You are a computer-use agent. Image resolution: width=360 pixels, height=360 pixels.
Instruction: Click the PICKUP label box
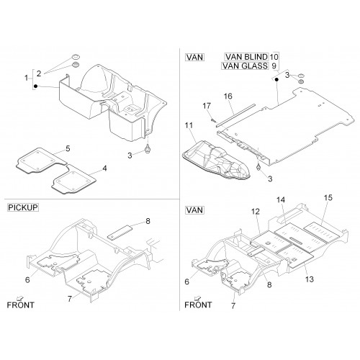coord(23,207)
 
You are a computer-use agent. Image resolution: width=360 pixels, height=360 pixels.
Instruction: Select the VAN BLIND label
coord(246,57)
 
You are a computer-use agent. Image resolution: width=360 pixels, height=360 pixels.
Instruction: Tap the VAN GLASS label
coord(245,66)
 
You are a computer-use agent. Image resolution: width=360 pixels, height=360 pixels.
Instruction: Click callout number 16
coord(228,96)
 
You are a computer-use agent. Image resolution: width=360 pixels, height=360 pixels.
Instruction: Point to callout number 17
coord(207,106)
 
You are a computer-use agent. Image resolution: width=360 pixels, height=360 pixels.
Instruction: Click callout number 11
coord(189,125)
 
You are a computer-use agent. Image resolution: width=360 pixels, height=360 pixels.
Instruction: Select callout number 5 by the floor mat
coord(68,148)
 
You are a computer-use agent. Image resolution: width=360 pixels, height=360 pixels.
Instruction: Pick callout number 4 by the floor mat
coord(104,168)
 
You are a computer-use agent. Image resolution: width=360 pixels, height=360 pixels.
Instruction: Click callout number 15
coord(328,198)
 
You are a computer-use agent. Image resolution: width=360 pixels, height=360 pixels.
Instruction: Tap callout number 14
coord(281,200)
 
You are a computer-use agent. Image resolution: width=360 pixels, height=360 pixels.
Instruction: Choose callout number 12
coord(256,212)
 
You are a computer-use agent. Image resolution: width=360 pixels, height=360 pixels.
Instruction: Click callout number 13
coord(310,279)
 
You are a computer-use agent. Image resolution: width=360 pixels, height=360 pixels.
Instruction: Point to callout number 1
coord(27,78)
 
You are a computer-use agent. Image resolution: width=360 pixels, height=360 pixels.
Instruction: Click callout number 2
coord(39,73)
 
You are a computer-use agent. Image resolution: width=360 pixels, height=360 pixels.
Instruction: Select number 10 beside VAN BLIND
coord(274,57)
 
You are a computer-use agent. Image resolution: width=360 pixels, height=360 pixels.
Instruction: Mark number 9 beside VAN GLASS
coord(274,66)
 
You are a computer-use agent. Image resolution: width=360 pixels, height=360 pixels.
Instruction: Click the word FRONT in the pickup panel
coord(21,305)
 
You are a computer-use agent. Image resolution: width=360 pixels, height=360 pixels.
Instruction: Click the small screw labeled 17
coord(212,120)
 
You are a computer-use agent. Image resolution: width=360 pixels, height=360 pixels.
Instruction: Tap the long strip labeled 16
coord(235,114)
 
